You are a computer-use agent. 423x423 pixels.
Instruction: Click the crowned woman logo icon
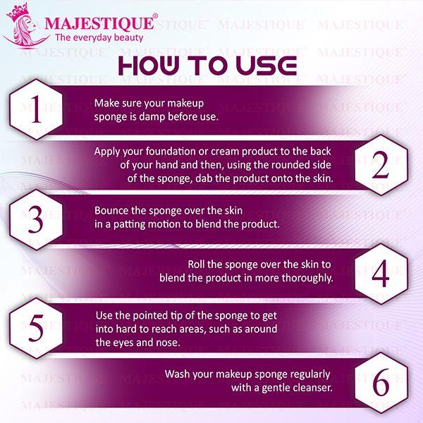[22, 25]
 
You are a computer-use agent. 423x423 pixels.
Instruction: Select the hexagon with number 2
[381, 164]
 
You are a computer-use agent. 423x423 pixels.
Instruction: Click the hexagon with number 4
[381, 273]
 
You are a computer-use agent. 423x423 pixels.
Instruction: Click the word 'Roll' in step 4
[198, 264]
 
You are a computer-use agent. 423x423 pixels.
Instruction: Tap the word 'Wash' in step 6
[178, 374]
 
